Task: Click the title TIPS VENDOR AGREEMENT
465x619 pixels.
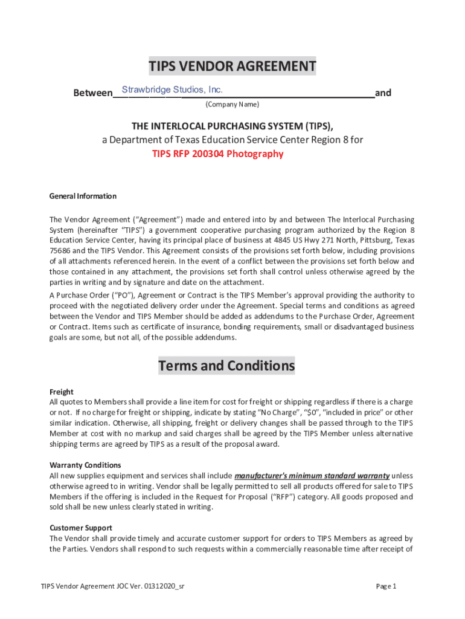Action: point(232,66)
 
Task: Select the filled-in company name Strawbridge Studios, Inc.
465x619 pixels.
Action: point(173,90)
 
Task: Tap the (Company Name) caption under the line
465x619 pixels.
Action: point(232,105)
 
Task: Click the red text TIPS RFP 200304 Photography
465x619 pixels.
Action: point(217,154)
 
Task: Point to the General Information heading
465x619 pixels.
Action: point(83,196)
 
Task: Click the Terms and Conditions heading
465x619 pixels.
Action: point(226,366)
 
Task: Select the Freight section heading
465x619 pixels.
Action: point(61,392)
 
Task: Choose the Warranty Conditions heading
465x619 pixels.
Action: point(85,465)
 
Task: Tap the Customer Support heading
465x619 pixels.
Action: point(80,528)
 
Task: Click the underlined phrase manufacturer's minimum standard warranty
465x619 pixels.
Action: point(312,475)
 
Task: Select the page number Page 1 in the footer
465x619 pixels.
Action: point(386,586)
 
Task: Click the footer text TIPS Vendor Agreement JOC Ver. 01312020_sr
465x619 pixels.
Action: point(112,586)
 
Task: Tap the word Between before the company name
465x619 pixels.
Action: point(92,93)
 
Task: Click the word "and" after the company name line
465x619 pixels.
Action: point(383,93)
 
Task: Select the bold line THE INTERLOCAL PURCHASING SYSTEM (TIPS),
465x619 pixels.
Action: point(232,126)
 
